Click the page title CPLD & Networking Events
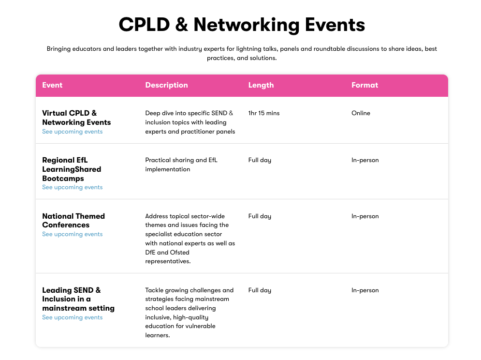pyautogui.click(x=242, y=25)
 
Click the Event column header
pyautogui.click(x=52, y=85)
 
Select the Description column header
pyautogui.click(x=166, y=85)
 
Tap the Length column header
pyautogui.click(x=261, y=85)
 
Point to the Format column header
pyautogui.click(x=364, y=85)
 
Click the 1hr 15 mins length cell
pyautogui.click(x=264, y=113)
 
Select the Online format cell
pyautogui.click(x=361, y=113)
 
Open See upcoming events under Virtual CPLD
pyautogui.click(x=73, y=132)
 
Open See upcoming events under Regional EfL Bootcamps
pyautogui.click(x=73, y=187)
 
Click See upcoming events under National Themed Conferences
pyautogui.click(x=73, y=234)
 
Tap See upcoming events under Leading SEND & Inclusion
pyautogui.click(x=73, y=317)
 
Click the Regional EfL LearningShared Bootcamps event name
pyautogui.click(x=72, y=169)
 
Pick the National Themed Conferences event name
pyautogui.click(x=73, y=221)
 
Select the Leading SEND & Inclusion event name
pyautogui.click(x=78, y=299)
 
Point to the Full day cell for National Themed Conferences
pyautogui.click(x=260, y=216)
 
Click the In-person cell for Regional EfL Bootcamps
pyautogui.click(x=365, y=160)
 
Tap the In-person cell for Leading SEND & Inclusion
pyautogui.click(x=365, y=290)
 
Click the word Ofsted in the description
pyautogui.click(x=180, y=253)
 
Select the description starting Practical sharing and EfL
pyautogui.click(x=181, y=165)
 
